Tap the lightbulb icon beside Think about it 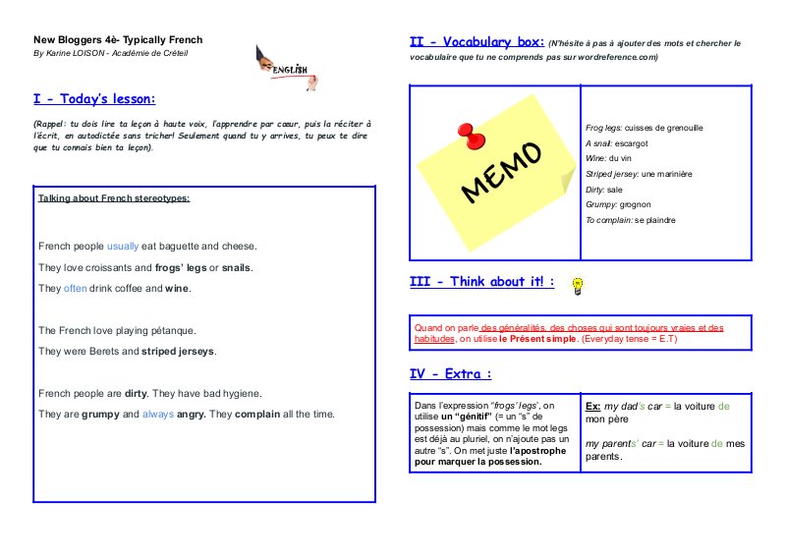tap(579, 285)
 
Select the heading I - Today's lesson tap(94, 98)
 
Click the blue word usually tap(123, 246)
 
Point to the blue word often tap(76, 289)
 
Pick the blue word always tap(158, 414)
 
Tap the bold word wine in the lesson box tap(177, 289)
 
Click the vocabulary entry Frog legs tap(603, 128)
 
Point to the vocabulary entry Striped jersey tap(611, 174)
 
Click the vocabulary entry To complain tap(609, 220)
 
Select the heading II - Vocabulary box tap(477, 42)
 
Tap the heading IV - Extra tap(451, 373)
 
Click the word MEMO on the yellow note tap(501, 171)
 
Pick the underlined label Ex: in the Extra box tap(592, 406)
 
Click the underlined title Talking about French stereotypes tap(114, 197)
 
